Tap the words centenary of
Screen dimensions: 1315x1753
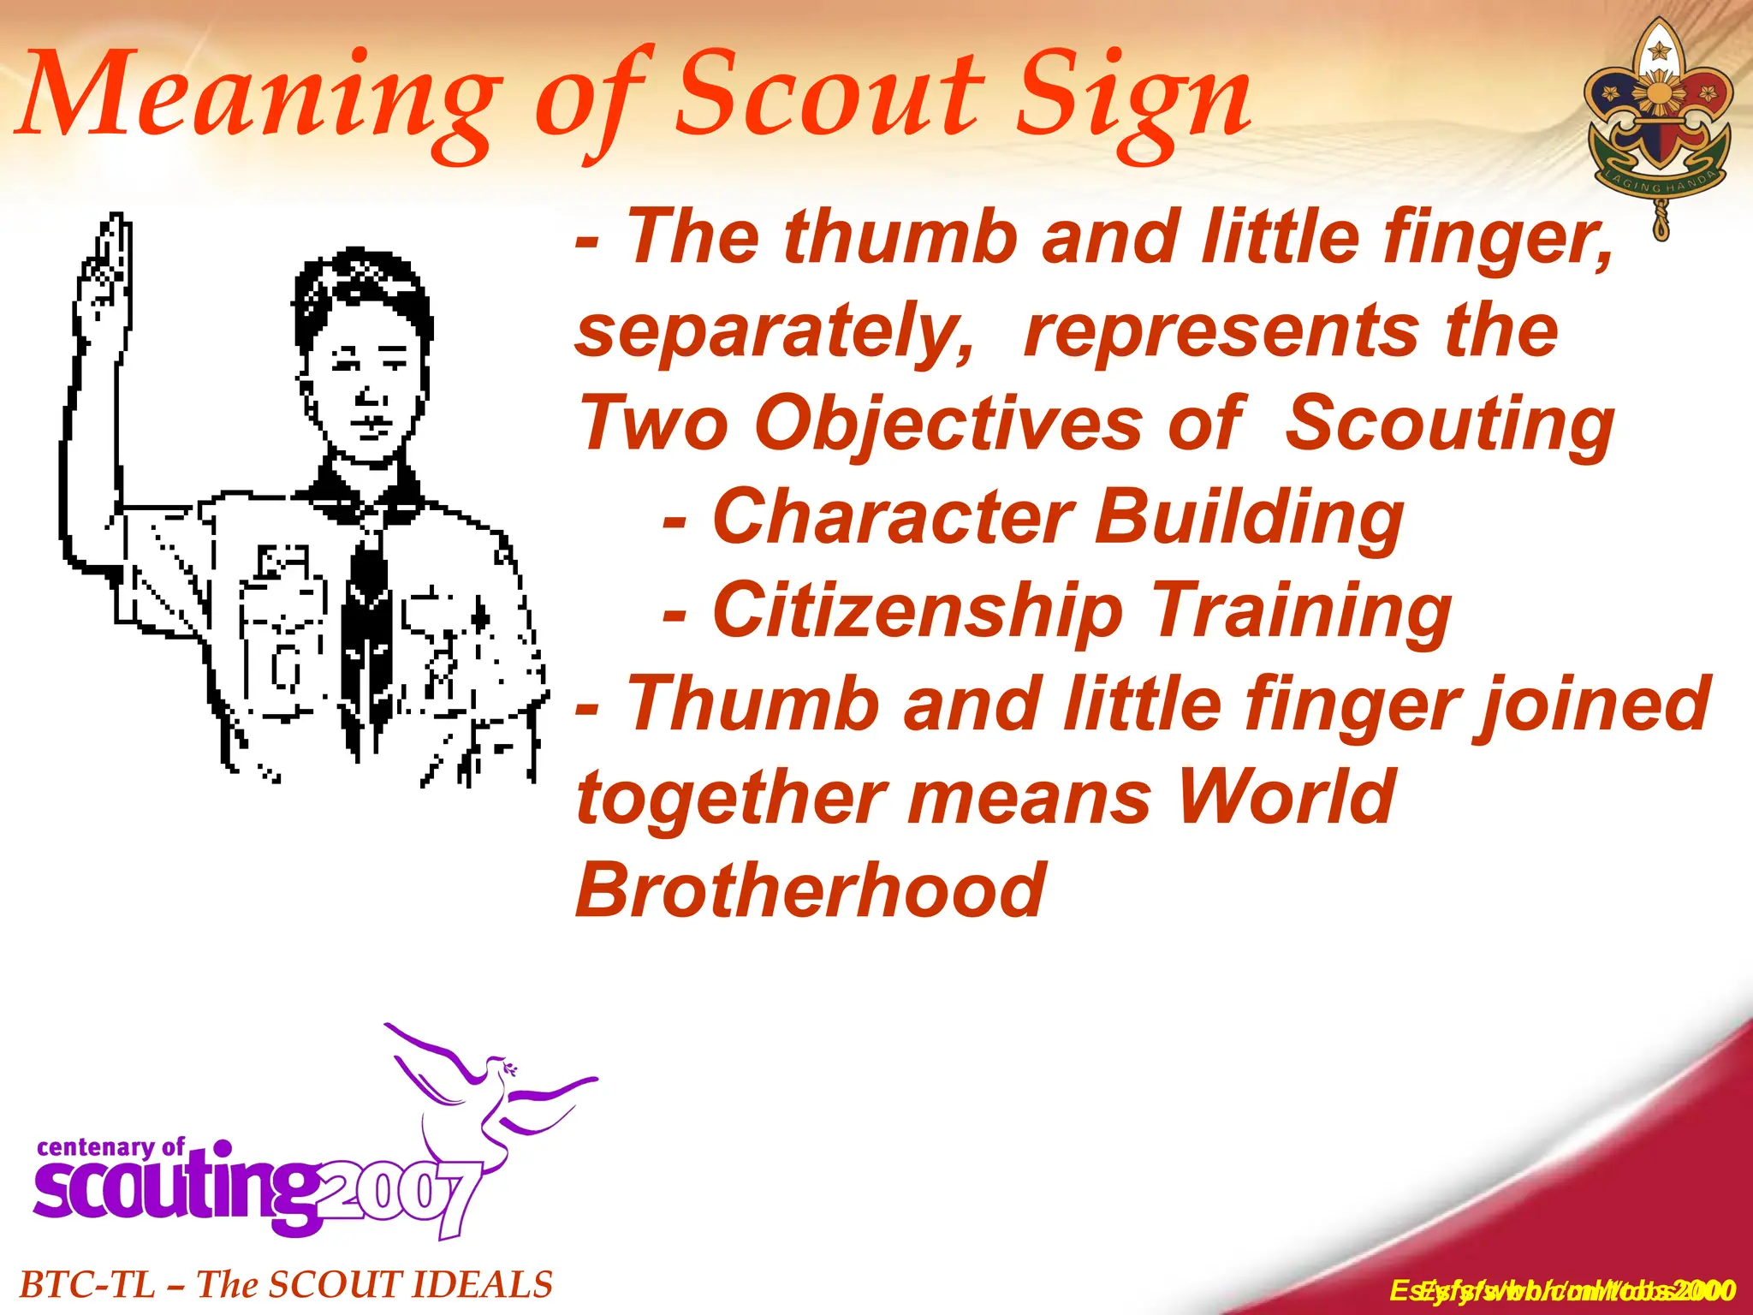(x=110, y=1147)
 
